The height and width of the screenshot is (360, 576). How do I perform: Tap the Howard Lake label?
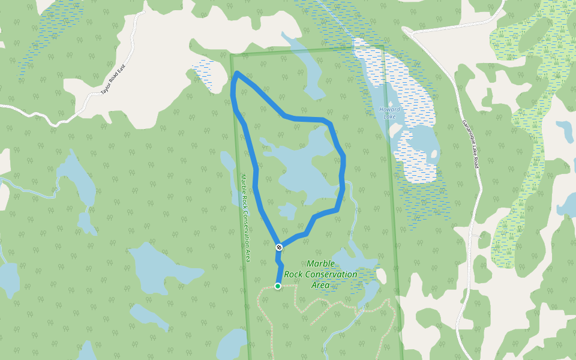click(x=389, y=112)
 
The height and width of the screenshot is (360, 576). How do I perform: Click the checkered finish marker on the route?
click(x=279, y=247)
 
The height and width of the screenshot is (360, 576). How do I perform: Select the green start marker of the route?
click(x=278, y=286)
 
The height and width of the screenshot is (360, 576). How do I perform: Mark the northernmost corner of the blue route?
click(x=238, y=73)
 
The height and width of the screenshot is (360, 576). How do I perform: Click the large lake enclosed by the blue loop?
click(x=300, y=168)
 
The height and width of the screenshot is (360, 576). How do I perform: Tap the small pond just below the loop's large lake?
click(x=287, y=211)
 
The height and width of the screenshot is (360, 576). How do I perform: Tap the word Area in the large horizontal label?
click(x=320, y=285)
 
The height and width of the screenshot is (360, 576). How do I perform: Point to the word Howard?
click(x=389, y=109)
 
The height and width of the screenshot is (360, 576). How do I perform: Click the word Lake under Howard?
click(x=389, y=116)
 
